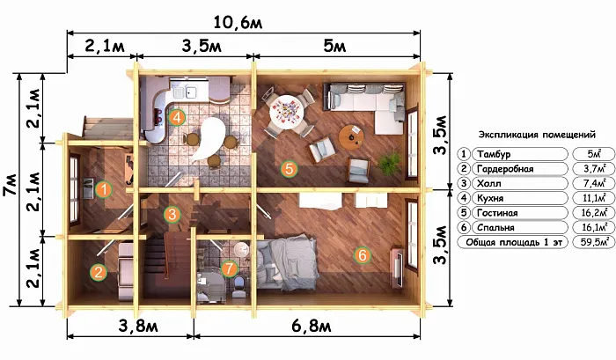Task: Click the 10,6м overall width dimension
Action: (x=238, y=23)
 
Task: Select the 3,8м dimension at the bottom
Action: (x=138, y=326)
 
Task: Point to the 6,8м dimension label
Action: (x=312, y=326)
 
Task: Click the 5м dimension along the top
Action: (x=334, y=47)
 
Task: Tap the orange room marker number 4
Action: (x=176, y=117)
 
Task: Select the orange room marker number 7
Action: (x=230, y=268)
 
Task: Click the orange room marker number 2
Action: (x=99, y=272)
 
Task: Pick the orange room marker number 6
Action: (x=362, y=255)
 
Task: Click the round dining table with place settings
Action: (x=287, y=111)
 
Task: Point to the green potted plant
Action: (x=390, y=163)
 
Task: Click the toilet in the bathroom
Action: (x=238, y=287)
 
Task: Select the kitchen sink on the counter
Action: (x=185, y=92)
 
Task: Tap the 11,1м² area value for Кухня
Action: (x=594, y=198)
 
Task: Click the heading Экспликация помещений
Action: (x=537, y=135)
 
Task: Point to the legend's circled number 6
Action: (x=464, y=228)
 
